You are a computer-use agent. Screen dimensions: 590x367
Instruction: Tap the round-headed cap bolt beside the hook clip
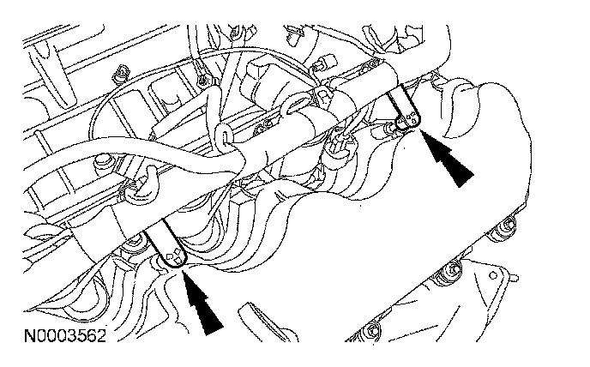click(103, 159)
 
